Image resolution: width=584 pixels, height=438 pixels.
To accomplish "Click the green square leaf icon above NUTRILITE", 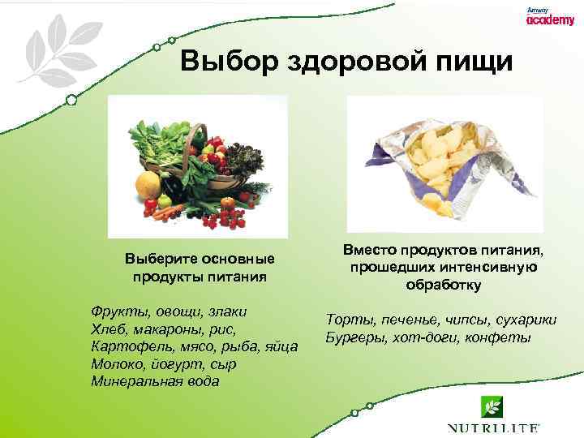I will pyautogui.click(x=492, y=406).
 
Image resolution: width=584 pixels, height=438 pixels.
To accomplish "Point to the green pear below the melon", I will pyautogui.click(x=165, y=200).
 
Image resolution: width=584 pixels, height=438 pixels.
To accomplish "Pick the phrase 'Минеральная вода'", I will pyautogui.click(x=154, y=382).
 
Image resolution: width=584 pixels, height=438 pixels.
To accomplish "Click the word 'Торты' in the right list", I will pyautogui.click(x=349, y=320).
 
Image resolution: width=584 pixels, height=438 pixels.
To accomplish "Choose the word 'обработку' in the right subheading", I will pyautogui.click(x=444, y=285).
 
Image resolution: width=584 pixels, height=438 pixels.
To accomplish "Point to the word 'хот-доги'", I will pyautogui.click(x=427, y=337).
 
